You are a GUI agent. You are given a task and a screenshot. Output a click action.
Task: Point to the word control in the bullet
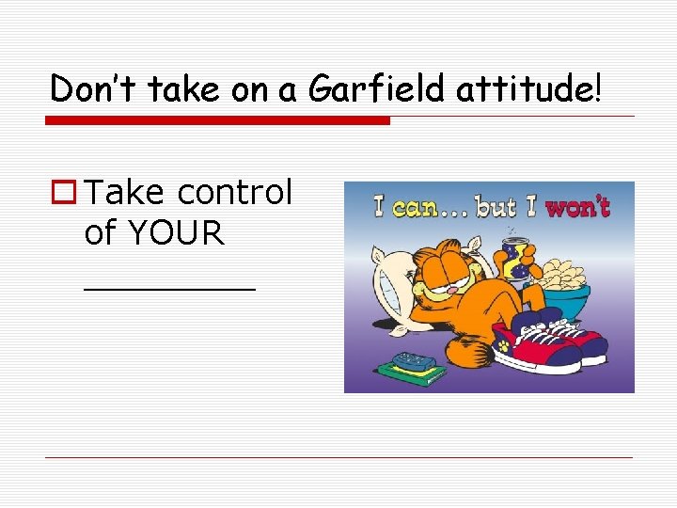point(234,192)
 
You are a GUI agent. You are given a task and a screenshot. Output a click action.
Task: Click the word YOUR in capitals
point(178,232)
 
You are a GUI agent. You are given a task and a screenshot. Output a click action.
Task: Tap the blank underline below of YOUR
point(169,289)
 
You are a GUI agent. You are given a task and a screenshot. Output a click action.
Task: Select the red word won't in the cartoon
point(577,206)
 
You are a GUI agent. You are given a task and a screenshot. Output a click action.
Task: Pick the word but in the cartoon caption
point(496,206)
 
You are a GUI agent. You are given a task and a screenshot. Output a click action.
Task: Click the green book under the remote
point(412,373)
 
